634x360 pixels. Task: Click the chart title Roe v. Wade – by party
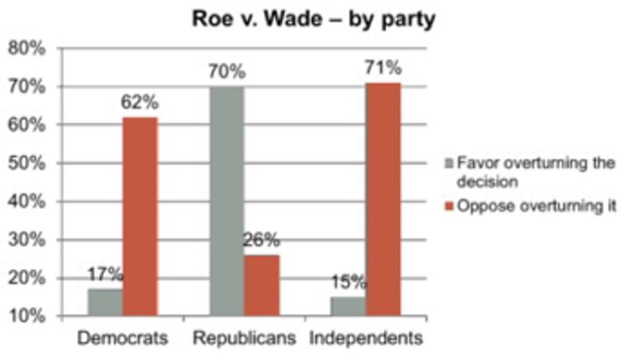click(x=315, y=19)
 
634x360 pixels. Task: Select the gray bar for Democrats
click(x=106, y=302)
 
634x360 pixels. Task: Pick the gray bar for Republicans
click(x=227, y=201)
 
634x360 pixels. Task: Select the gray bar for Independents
click(x=349, y=306)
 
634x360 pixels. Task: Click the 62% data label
click(x=140, y=104)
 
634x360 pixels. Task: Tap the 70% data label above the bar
click(x=227, y=72)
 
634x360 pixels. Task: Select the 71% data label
click(x=384, y=69)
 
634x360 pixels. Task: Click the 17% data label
click(x=105, y=275)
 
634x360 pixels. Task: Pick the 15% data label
click(x=349, y=281)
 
